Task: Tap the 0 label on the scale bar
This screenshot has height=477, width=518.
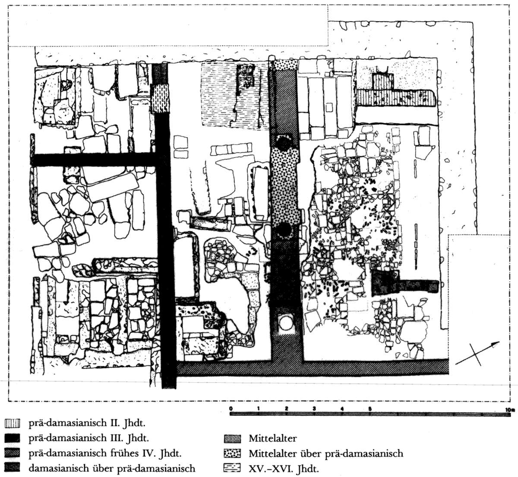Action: [231, 408]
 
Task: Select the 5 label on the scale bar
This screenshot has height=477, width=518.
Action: [370, 408]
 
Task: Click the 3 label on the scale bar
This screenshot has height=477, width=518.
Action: [315, 408]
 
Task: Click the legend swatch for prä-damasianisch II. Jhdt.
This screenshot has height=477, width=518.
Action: [13, 424]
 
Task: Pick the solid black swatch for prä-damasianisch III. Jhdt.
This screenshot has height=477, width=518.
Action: [13, 439]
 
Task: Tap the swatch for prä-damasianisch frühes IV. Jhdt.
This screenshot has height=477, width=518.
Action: [13, 453]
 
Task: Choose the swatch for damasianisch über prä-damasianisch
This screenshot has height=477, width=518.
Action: [13, 468]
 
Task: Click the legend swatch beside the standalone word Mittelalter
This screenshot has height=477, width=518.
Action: [233, 439]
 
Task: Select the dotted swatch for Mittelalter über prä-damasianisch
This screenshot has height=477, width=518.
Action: [233, 454]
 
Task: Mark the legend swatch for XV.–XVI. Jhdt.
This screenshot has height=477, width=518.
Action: [233, 468]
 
